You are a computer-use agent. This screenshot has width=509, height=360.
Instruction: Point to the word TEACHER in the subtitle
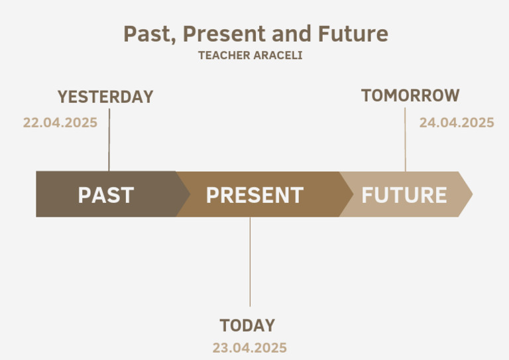tap(224, 56)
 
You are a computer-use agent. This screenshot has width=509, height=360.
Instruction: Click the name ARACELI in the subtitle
tap(278, 56)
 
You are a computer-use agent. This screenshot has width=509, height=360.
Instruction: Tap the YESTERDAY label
tap(105, 97)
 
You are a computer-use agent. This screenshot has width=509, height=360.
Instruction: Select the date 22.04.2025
tap(60, 123)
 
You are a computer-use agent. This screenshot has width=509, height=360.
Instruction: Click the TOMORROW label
tap(410, 95)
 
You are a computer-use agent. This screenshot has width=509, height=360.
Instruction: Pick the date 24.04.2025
tap(457, 123)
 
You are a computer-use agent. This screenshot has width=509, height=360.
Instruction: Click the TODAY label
tap(247, 326)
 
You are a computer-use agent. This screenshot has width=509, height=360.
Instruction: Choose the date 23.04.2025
tap(250, 347)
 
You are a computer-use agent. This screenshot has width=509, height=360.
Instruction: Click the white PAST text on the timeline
tap(106, 195)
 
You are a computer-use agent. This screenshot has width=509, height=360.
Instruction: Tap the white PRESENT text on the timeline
tap(254, 195)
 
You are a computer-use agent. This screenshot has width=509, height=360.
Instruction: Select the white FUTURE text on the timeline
tap(404, 195)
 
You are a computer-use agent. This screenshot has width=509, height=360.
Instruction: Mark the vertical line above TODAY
tap(250, 262)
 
